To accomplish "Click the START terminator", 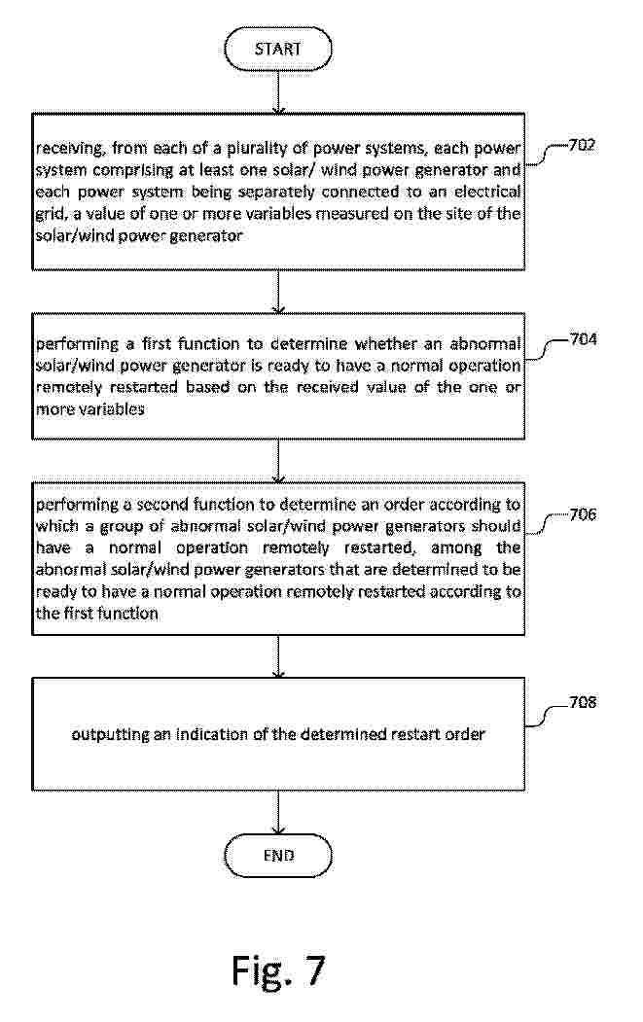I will click(x=278, y=48).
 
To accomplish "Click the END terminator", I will click(x=278, y=856).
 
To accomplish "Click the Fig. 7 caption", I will click(x=278, y=969).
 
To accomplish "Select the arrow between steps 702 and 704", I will click(x=278, y=291).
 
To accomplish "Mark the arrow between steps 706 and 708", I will click(x=278, y=655).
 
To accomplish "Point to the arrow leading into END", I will click(x=278, y=813).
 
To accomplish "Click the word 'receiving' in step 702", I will click(x=68, y=150).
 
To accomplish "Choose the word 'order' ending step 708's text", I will click(x=465, y=734).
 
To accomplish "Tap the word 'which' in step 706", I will click(x=54, y=526).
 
